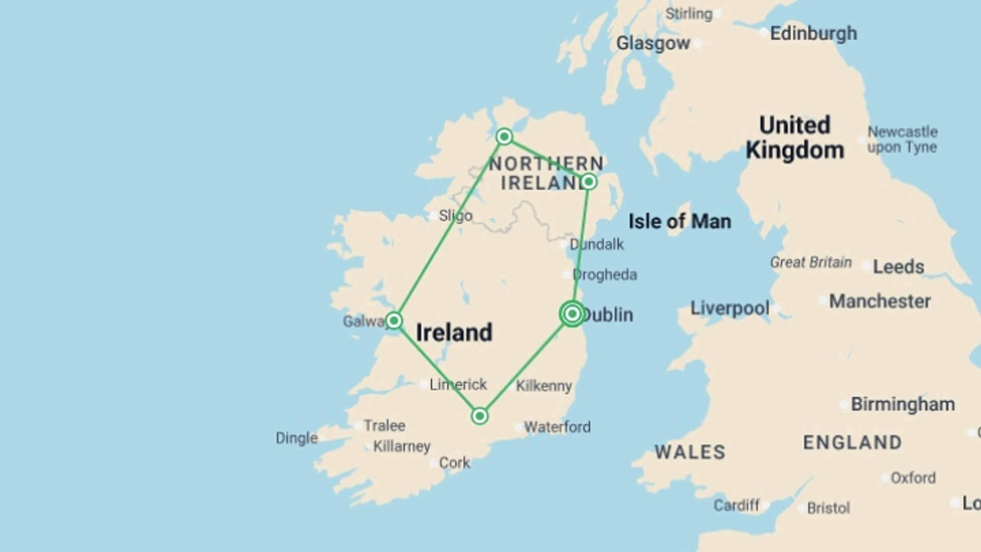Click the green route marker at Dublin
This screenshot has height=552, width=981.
pos(572,313)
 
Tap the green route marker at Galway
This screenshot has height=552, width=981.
pos(393,320)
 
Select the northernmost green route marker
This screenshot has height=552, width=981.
pos(504,136)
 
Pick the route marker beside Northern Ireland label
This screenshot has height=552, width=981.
pos(589,181)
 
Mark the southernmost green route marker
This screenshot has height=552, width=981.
pos(479,416)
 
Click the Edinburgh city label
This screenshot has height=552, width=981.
pos(813,34)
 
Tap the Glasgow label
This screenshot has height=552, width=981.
pos(653,43)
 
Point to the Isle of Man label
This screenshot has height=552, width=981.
pos(680,221)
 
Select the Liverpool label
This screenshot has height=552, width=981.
pos(730,308)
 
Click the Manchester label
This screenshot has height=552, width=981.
pos(879,301)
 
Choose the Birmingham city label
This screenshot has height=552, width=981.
pos(902,404)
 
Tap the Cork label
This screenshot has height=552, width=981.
pos(454,463)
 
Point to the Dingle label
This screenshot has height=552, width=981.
pos(296,438)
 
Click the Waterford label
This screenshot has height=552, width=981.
pos(557,427)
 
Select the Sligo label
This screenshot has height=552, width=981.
pos(455,216)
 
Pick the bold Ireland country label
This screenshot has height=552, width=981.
pos(454,333)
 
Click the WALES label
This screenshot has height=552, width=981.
pos(690,452)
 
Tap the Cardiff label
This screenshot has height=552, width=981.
pos(736,505)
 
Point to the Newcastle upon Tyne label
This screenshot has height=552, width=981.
pos(902,140)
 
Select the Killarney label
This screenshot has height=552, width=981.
pos(402,446)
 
